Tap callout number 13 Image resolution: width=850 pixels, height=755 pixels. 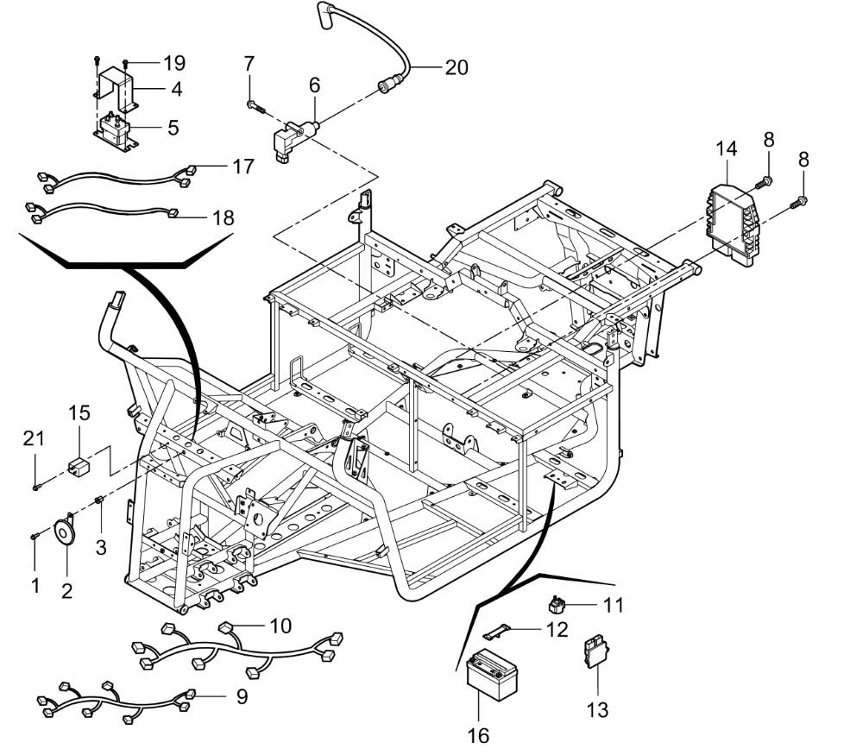pyautogui.click(x=597, y=710)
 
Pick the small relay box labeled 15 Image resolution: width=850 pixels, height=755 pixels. pyautogui.click(x=81, y=465)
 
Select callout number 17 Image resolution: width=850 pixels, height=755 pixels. pyautogui.click(x=242, y=166)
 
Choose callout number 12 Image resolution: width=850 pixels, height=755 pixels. pyautogui.click(x=556, y=629)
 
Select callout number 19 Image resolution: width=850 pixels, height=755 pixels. pyautogui.click(x=174, y=62)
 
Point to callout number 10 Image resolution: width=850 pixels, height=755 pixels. pyautogui.click(x=280, y=623)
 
